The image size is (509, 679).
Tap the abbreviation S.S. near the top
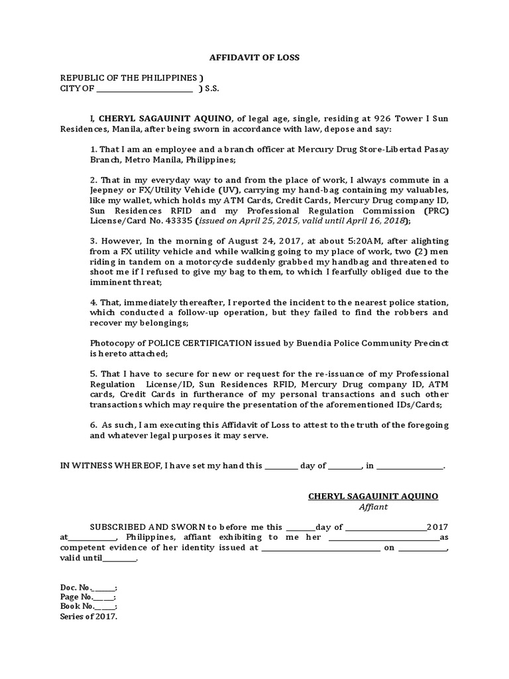point(212,88)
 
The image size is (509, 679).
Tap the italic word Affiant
point(373,507)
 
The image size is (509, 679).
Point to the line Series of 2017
point(88,616)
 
